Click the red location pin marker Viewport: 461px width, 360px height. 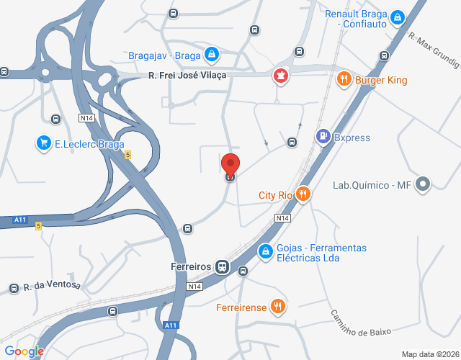[230, 164]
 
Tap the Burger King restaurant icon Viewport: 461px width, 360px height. [344, 78]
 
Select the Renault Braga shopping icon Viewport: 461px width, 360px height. [397, 14]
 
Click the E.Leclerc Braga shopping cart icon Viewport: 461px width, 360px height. [45, 143]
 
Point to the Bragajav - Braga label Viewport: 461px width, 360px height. [164, 55]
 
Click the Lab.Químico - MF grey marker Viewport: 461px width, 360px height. [423, 185]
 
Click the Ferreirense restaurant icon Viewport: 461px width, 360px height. [278, 307]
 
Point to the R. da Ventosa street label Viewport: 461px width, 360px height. [52, 287]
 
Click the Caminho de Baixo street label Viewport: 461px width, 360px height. [360, 323]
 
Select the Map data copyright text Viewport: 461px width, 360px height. [430, 354]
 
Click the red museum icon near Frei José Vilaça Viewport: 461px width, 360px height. [279, 76]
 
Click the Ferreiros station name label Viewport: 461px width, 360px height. [191, 266]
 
